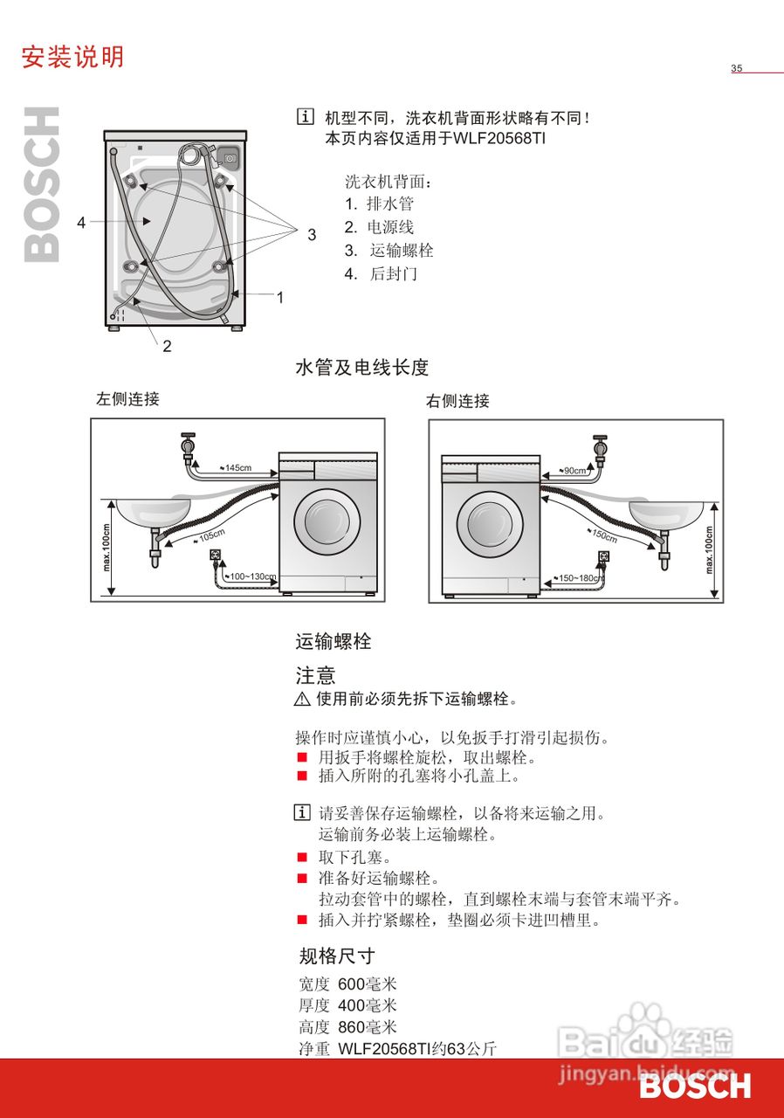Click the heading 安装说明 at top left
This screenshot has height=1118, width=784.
point(72,57)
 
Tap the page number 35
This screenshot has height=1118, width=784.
point(736,68)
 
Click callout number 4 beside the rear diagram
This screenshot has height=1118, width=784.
point(81,223)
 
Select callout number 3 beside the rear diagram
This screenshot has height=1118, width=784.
point(312,234)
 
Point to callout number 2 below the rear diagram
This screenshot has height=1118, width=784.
point(167,346)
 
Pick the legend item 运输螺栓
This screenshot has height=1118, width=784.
point(401,251)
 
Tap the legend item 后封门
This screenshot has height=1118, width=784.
point(393,273)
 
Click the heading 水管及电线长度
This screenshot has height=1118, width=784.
point(362,368)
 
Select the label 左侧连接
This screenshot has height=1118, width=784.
point(127,399)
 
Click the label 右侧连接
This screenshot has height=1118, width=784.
point(457,401)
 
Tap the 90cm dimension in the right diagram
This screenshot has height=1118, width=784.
point(574,471)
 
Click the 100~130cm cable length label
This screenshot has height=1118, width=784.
point(251,577)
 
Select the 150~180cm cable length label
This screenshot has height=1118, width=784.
point(579,578)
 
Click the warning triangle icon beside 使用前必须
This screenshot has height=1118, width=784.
point(303,699)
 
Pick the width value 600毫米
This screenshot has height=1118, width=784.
point(367,983)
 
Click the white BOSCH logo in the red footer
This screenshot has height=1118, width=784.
point(694,1087)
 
